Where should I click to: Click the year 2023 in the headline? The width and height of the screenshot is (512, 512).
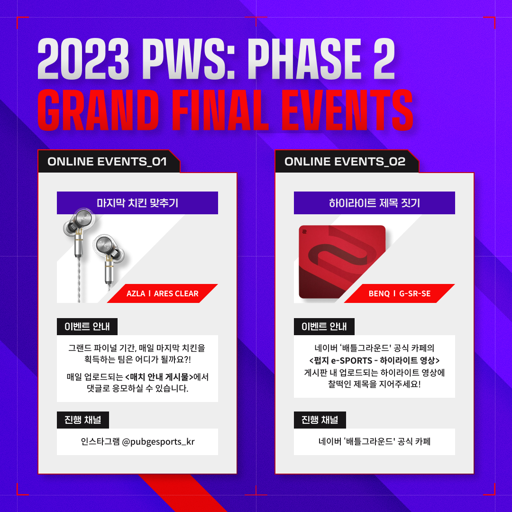[x=83, y=59]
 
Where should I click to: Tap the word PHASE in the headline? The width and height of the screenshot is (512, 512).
[x=305, y=59]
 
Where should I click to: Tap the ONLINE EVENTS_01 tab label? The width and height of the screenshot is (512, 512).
[x=107, y=161]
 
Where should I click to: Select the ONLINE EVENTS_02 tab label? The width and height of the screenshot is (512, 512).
[x=345, y=161]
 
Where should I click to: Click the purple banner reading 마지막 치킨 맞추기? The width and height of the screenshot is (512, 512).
[x=137, y=203]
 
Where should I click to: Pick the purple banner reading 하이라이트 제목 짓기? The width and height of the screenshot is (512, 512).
[x=374, y=203]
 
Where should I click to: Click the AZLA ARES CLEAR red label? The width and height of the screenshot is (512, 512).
[x=162, y=293]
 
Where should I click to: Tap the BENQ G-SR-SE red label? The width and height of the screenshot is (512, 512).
[x=399, y=293]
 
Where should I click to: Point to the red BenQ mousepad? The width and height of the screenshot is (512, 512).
[x=342, y=262]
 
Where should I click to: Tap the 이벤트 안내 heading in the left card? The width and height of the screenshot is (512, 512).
[x=87, y=327]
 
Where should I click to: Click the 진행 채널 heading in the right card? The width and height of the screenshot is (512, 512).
[x=320, y=420]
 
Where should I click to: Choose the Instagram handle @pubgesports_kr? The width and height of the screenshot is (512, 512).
[x=158, y=442]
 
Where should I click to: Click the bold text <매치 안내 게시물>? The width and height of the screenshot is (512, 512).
[x=159, y=377]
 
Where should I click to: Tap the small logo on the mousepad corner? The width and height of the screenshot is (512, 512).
[x=304, y=231]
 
